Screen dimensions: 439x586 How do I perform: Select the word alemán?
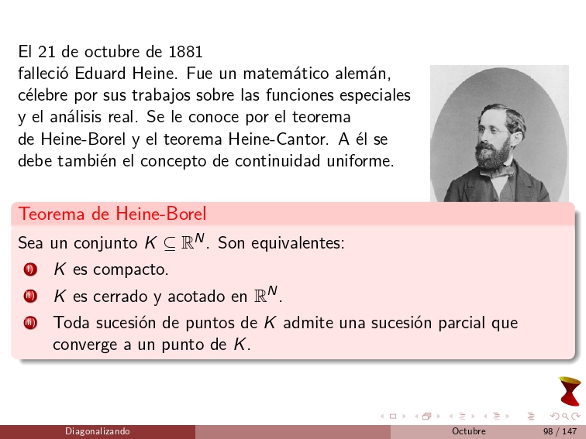[364, 74]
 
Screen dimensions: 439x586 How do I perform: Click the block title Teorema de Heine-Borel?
[112, 213]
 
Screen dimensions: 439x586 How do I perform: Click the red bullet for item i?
[29, 270]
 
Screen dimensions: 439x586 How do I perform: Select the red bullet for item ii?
[29, 297]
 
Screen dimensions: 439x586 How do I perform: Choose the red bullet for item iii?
[29, 323]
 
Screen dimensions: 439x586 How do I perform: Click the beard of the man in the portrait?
[492, 155]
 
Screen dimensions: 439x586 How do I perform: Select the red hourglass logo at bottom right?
[570, 391]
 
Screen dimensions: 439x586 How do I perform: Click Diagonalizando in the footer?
[98, 431]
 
